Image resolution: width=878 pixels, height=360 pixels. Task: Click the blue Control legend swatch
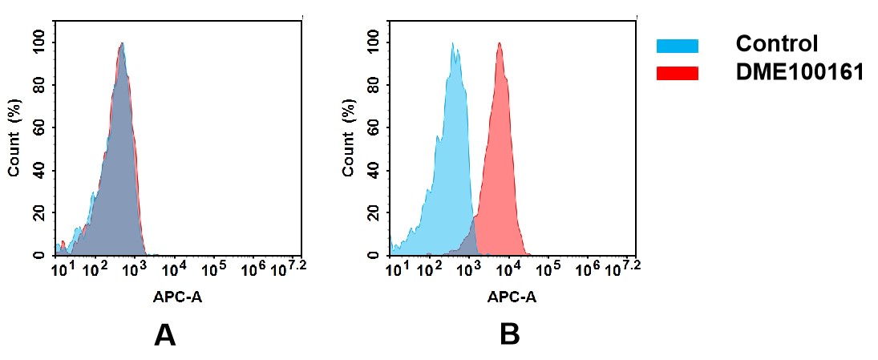(678, 46)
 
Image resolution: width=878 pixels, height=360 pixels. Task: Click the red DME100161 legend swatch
(678, 73)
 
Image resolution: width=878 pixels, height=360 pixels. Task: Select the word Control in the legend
(776, 44)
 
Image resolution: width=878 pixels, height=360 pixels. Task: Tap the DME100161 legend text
(799, 73)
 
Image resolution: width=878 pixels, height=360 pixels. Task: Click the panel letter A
(164, 335)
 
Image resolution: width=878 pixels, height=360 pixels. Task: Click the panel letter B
(510, 335)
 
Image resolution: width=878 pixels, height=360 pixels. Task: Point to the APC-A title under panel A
(177, 297)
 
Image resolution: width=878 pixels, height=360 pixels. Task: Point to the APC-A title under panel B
(512, 297)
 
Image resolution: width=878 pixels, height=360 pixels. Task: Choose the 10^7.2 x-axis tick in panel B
(623, 267)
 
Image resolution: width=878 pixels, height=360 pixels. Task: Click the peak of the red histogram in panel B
(499, 45)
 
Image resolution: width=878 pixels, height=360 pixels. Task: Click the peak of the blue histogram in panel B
(453, 45)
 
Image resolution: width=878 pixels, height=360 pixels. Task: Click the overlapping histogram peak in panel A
(121, 45)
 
